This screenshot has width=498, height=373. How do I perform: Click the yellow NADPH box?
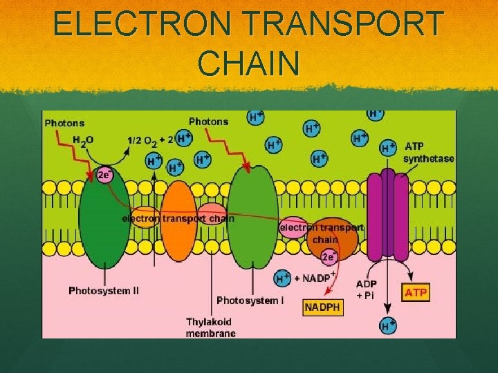(x=323, y=307)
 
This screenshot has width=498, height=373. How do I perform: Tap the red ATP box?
(x=416, y=292)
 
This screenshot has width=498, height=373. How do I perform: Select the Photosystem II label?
(x=104, y=291)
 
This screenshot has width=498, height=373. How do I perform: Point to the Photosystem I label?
(x=250, y=300)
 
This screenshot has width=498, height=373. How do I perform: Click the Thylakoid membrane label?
(x=210, y=327)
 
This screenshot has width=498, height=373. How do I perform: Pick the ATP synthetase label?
(x=429, y=153)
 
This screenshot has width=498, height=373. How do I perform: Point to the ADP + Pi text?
(x=367, y=289)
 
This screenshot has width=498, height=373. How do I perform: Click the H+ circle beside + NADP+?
(x=282, y=278)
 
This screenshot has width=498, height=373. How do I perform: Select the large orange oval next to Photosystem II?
(x=178, y=221)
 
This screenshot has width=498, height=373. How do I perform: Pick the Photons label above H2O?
(x=64, y=124)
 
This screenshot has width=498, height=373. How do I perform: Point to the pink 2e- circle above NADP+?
(x=329, y=257)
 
